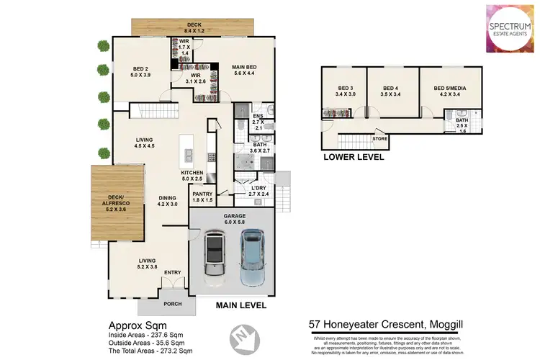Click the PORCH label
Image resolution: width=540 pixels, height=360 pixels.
coord(173,303)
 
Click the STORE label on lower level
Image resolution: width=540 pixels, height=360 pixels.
coord(379,138)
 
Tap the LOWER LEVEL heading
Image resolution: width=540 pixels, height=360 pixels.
coord(353,157)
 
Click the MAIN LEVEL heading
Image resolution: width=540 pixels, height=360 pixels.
coord(241,305)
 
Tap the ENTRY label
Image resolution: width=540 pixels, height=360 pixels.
coord(173,272)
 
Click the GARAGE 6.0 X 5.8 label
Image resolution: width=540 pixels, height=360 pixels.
coord(232,218)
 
